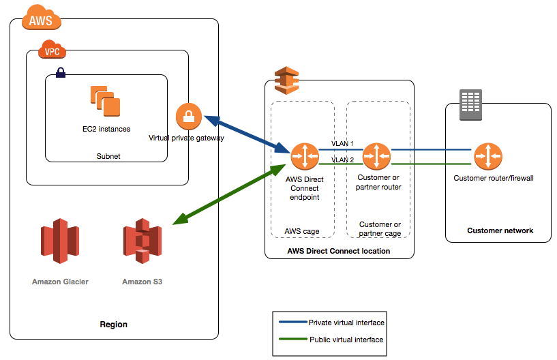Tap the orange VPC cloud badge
coord(51,51)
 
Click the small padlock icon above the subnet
coord(60,72)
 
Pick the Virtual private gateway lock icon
coord(189,117)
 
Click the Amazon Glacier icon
coord(60,241)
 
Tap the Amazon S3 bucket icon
coord(142,241)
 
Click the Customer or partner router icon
coord(376,156)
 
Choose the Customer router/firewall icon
coord(487,156)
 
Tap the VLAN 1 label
coord(342,144)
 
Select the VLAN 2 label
coord(342,160)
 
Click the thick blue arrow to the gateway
coord(246,133)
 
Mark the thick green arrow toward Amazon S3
coord(229,194)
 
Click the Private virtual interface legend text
coord(346,322)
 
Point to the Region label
coord(113,324)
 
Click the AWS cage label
coord(301,231)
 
